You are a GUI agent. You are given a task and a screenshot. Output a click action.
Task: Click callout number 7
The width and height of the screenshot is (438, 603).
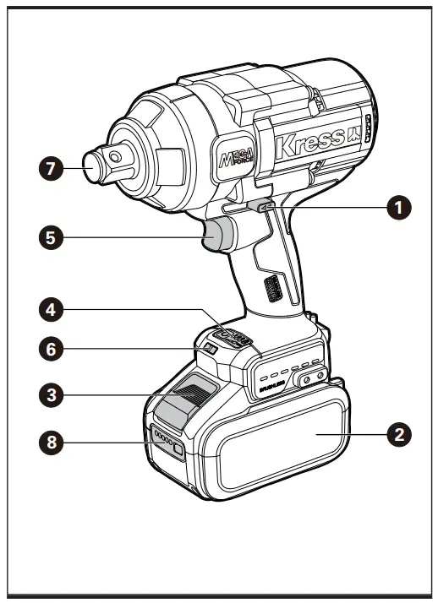coord(52,168)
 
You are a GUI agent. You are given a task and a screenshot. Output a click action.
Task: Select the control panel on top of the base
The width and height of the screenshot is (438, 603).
coord(232,338)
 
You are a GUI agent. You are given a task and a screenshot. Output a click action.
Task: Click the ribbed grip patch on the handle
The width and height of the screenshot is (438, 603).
coord(271,291)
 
